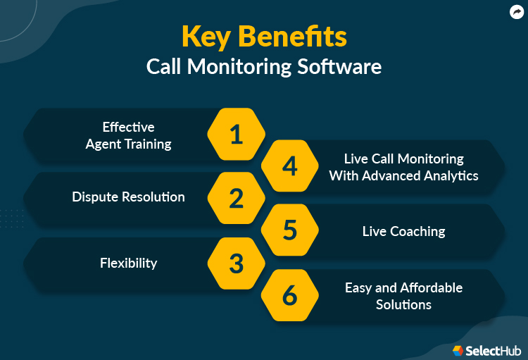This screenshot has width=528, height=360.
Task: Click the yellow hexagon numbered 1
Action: (237, 134)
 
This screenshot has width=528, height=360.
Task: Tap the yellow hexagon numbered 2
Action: (237, 198)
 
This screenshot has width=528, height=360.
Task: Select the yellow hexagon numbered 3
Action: (237, 263)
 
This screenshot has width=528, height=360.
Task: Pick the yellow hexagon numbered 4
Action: (290, 166)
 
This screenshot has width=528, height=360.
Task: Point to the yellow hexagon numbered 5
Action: (290, 230)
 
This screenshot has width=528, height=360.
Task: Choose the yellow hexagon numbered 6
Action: (290, 295)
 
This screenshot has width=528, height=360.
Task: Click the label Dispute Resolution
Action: (128, 197)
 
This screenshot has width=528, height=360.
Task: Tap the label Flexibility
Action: (128, 263)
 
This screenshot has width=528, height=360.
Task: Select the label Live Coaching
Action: (403, 231)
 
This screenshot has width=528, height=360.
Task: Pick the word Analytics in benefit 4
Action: (449, 175)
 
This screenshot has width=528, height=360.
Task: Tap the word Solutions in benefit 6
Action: (403, 304)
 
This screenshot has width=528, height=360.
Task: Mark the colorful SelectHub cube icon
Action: (458, 350)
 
